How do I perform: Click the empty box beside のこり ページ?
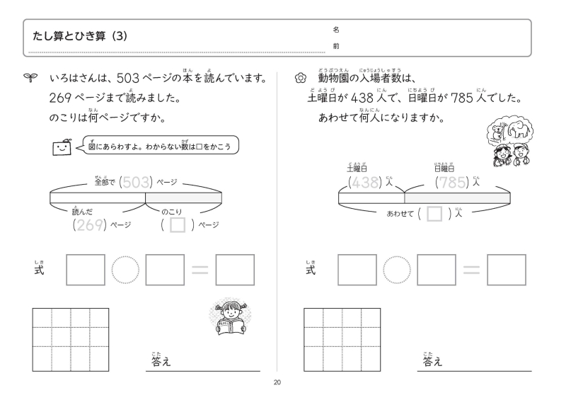tap(179, 225)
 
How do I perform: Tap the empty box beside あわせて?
tap(435, 213)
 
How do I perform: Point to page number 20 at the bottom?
tap(277, 383)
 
